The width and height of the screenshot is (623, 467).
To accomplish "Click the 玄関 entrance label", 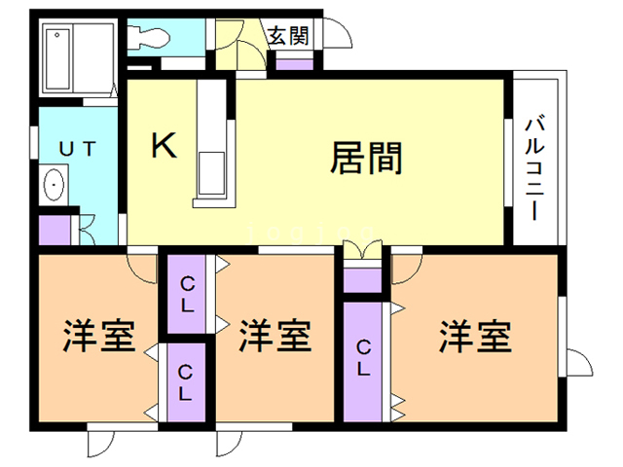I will click(x=288, y=37).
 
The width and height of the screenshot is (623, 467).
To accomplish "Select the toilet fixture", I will click(x=153, y=38).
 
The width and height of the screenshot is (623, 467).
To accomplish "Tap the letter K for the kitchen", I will click(x=165, y=146).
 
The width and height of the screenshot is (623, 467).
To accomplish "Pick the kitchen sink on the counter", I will click(x=211, y=174).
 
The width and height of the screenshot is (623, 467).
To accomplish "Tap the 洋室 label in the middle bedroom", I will click(x=275, y=337).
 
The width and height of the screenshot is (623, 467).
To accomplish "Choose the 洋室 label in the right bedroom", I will click(x=474, y=337).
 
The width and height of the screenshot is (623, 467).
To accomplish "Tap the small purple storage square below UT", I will click(x=55, y=231).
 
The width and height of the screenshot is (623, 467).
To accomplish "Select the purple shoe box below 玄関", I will click(x=294, y=63).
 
